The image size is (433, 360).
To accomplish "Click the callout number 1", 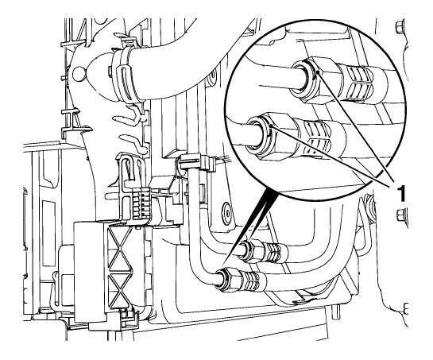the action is [x=402, y=193].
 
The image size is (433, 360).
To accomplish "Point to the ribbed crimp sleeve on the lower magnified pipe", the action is [x=318, y=134].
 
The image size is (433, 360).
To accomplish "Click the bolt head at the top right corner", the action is [x=400, y=28].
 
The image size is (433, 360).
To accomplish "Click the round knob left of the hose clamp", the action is [x=79, y=74].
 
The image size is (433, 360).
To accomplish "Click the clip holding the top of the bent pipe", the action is [x=195, y=162].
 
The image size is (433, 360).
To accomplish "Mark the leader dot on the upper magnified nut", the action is [x=318, y=72].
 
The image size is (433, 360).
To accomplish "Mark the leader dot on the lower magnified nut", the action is [x=273, y=126].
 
